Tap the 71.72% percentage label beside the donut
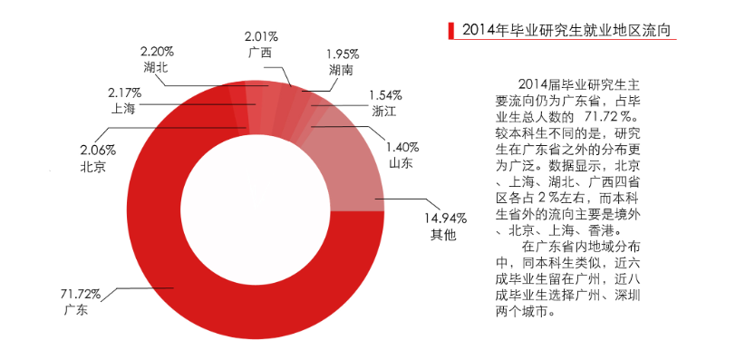(x=81, y=295)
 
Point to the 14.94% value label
(x=446, y=219)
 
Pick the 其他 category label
(x=441, y=236)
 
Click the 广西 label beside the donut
(x=259, y=52)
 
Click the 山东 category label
(x=402, y=163)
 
